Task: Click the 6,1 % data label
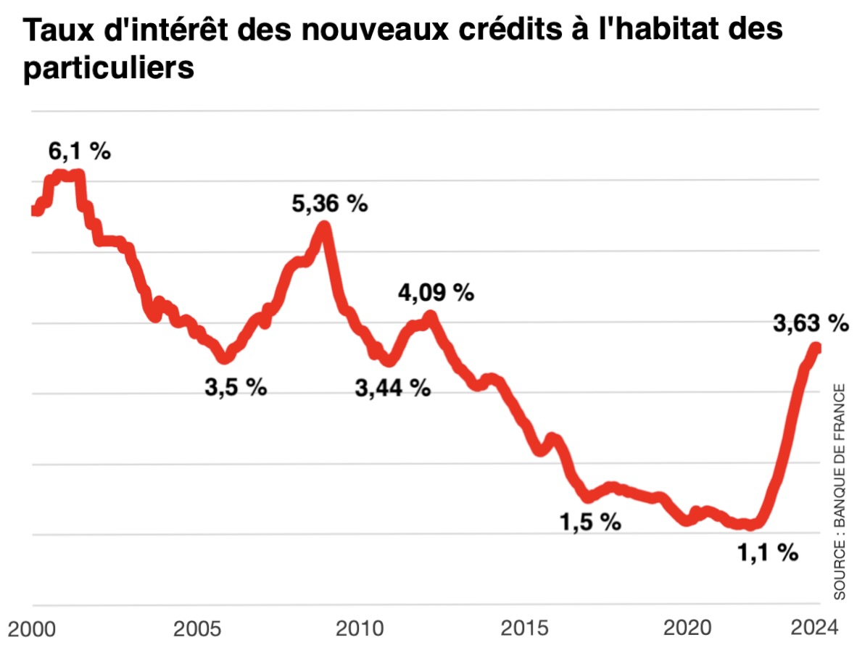[79, 151]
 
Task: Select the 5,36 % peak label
[330, 204]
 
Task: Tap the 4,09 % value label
[436, 293]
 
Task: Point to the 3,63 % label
[810, 323]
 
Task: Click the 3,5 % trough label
[236, 387]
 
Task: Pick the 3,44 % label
[393, 388]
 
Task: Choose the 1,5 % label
[590, 521]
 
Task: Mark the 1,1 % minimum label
[768, 553]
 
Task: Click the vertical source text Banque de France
[839, 491]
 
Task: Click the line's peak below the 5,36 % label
[324, 227]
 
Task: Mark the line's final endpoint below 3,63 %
[816, 349]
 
